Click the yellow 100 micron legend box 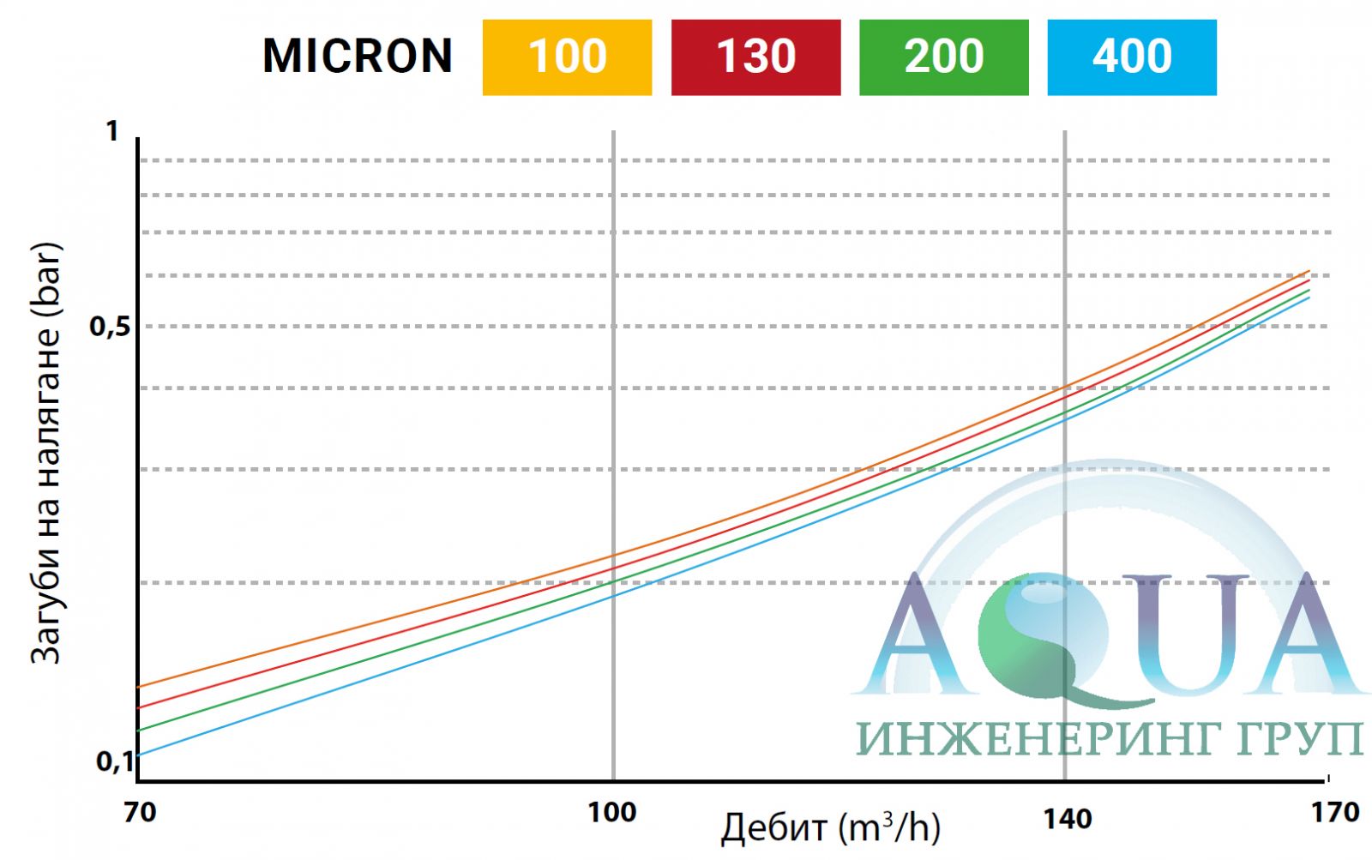[567, 57]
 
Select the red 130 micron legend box [755, 57]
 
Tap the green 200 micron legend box [943, 57]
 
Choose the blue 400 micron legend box [1132, 57]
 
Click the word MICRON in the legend [358, 57]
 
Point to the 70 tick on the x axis [140, 811]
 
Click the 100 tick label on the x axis [611, 811]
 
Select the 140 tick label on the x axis [1067, 818]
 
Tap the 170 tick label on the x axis [1335, 811]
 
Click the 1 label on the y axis [111, 131]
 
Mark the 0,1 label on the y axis [114, 760]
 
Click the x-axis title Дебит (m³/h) [830, 827]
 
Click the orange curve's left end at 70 [140, 686]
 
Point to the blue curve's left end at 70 [140, 755]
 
